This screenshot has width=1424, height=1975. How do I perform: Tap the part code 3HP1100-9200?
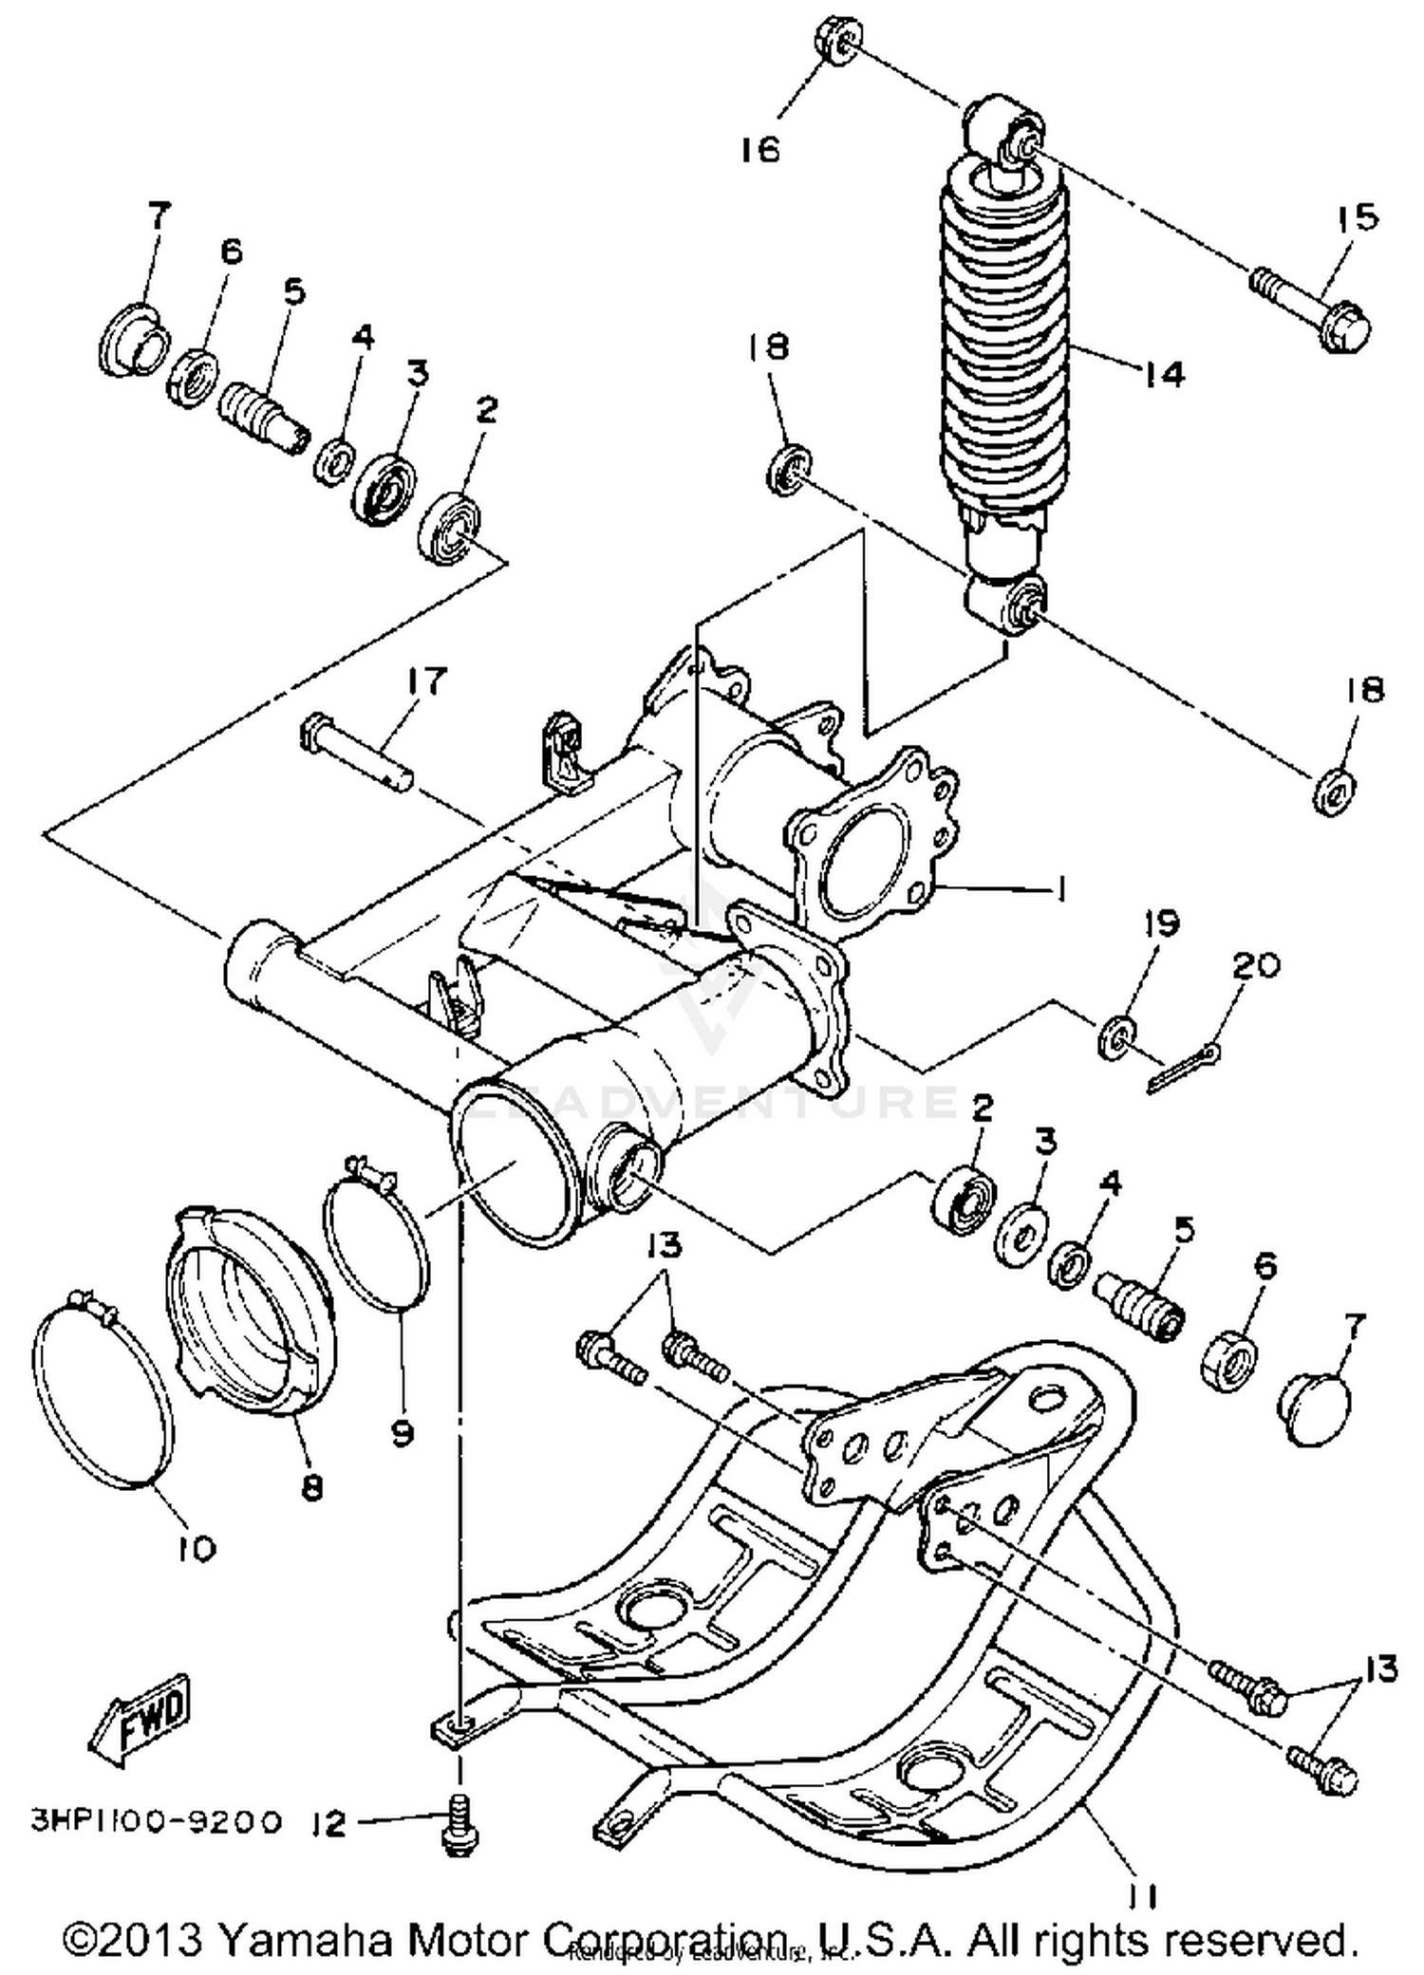pyautogui.click(x=157, y=1821)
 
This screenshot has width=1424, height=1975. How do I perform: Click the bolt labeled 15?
pyautogui.click(x=1315, y=307)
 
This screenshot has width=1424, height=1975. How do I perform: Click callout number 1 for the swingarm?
pyautogui.click(x=1060, y=888)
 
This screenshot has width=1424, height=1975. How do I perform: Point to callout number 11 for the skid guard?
pyautogui.click(x=1142, y=1896)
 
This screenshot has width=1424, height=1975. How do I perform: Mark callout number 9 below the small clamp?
pyautogui.click(x=403, y=1432)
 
